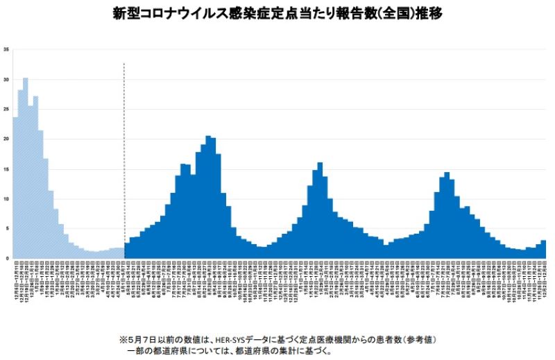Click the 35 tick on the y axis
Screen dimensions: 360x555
click(6, 49)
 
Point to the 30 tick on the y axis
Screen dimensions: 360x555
click(6, 80)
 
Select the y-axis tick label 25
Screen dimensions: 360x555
click(6, 110)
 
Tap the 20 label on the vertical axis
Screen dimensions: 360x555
click(6, 139)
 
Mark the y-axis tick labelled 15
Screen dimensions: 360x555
click(6, 169)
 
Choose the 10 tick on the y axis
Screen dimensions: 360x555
click(6, 199)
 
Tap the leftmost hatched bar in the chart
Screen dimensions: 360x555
click(15, 187)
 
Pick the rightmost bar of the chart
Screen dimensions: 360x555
click(543, 250)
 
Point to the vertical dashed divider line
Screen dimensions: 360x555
click(123, 160)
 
